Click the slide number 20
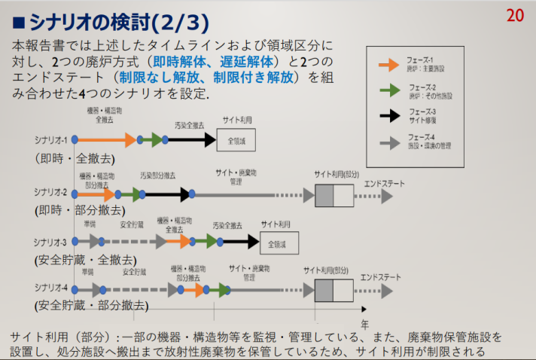tap(515, 15)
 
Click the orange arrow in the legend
tap(388, 65)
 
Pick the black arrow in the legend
tap(388, 114)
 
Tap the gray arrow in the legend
tap(388, 140)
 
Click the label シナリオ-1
tap(50, 140)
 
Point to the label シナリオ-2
tap(50, 192)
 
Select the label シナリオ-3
tap(50, 242)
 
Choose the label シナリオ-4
tap(50, 288)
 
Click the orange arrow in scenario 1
tap(106, 139)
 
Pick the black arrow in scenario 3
tap(242, 242)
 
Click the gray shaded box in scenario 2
tap(324, 196)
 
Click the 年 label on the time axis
tap(364, 324)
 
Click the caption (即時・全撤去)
tap(72, 159)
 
